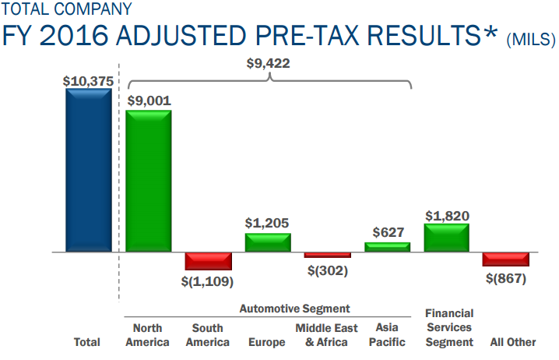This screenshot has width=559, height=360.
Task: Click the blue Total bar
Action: coord(88,171)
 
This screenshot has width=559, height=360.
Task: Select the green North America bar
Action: coord(148,182)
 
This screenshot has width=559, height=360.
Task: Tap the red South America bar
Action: coord(208,261)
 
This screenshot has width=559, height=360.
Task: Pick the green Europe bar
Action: coord(268,242)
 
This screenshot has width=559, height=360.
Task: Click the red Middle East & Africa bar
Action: coord(327,256)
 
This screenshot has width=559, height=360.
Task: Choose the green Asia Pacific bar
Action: coord(387,247)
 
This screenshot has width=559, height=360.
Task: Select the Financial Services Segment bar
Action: coord(447,238)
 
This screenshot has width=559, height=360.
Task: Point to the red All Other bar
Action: coord(506,259)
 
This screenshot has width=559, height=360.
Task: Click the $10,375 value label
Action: coord(88,79)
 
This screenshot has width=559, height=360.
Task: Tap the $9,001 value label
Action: coord(149,101)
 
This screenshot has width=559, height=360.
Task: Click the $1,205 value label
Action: coord(268,223)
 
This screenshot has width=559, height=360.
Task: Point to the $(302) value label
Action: coord(327,270)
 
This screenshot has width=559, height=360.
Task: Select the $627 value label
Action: coord(387,232)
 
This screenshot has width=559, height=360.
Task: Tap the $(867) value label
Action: coord(506,278)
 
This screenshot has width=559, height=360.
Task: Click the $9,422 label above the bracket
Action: coord(266,64)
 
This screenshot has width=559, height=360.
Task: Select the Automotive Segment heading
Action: coord(294,309)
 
